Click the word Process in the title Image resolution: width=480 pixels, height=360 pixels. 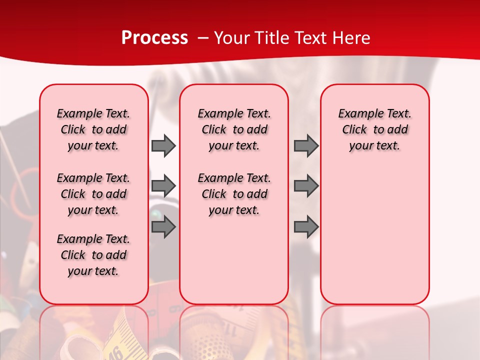click(x=154, y=38)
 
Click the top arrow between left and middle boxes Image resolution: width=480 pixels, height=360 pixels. click(x=163, y=145)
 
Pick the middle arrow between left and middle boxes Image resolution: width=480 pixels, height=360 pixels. click(x=163, y=186)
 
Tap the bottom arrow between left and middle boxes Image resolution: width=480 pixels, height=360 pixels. click(x=163, y=226)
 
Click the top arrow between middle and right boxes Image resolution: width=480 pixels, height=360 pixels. click(x=306, y=145)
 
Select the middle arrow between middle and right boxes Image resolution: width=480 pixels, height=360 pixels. click(x=306, y=186)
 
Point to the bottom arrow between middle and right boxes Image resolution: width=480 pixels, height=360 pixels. click(x=306, y=226)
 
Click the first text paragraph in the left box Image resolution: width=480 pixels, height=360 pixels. click(x=93, y=129)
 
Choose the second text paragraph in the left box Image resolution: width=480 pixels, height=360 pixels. click(x=93, y=194)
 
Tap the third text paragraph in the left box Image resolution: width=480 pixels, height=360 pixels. click(x=93, y=255)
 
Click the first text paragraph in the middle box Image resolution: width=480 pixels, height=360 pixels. click(x=234, y=129)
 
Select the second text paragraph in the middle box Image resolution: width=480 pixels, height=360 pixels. click(x=234, y=194)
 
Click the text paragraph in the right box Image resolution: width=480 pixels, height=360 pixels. click(x=374, y=129)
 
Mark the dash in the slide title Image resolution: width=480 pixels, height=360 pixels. click(x=203, y=38)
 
